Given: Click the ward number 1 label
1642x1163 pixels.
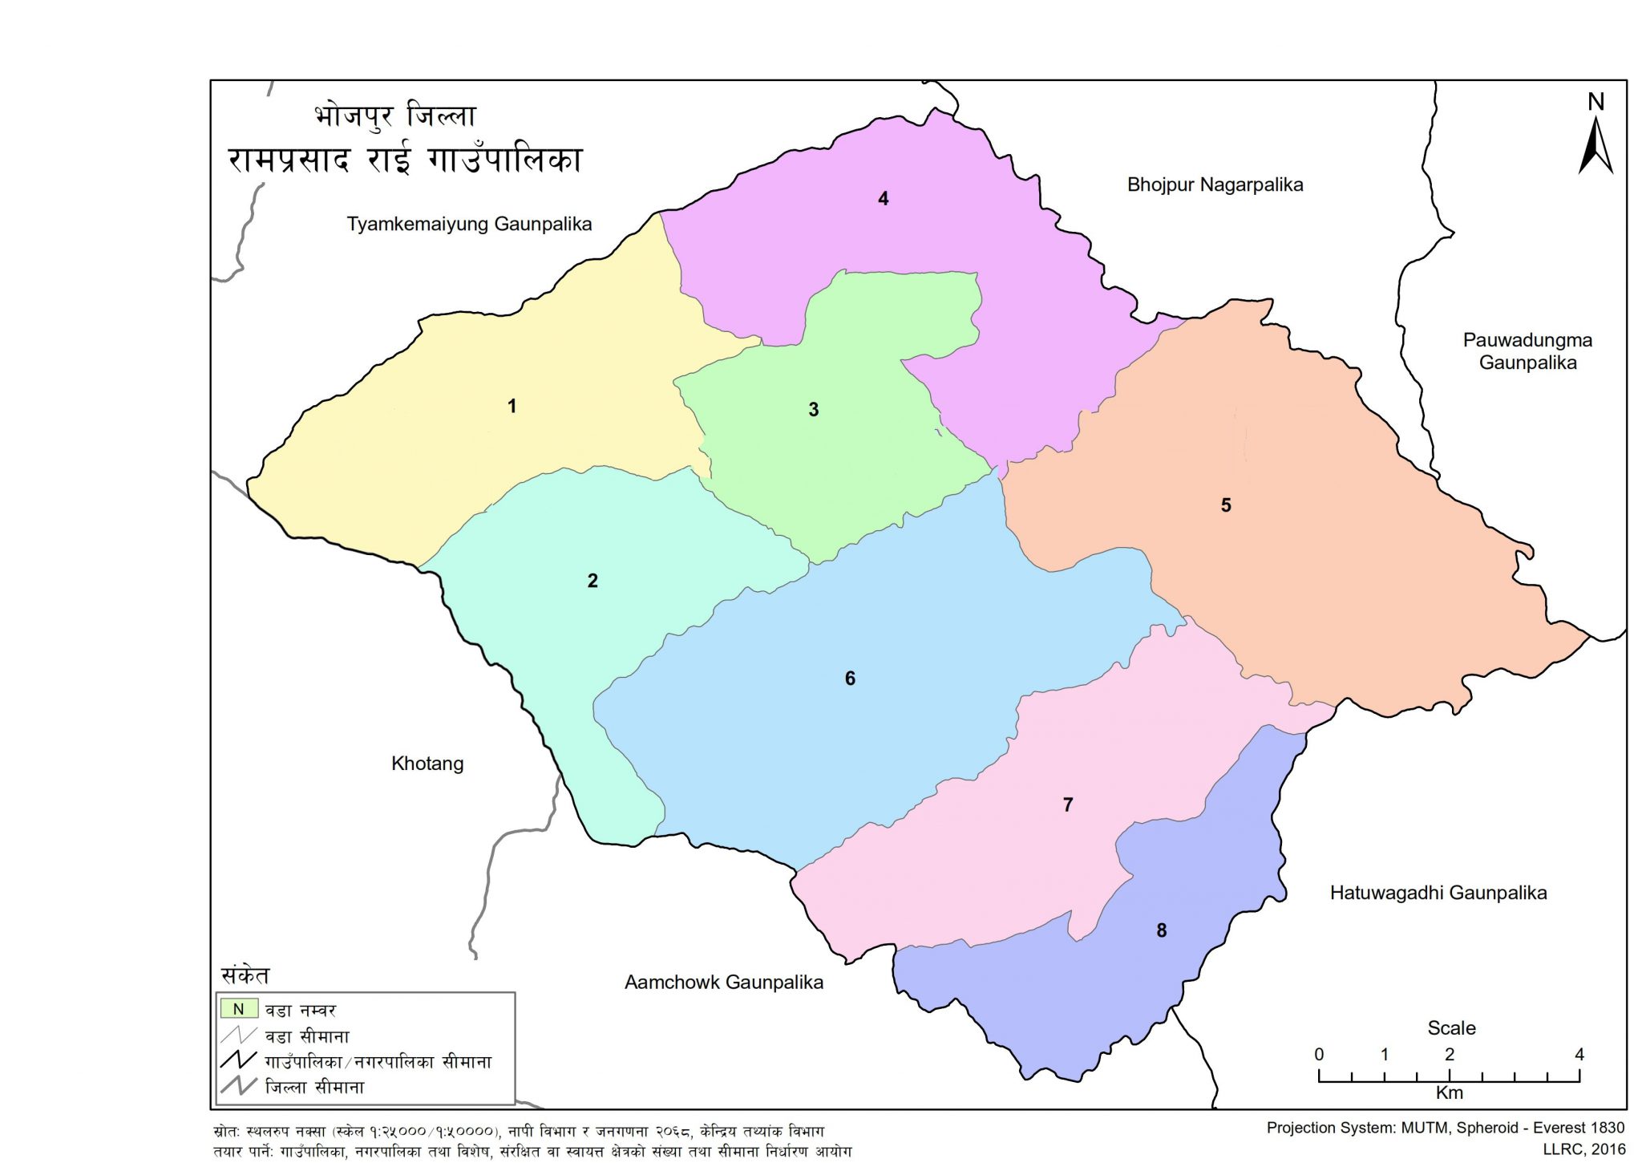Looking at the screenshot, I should coord(512,407).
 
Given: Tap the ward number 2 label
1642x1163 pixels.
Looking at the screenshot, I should coord(592,581).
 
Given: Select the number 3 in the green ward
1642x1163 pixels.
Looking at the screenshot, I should coord(813,410).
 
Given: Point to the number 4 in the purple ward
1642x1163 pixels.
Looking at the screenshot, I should coord(883,199).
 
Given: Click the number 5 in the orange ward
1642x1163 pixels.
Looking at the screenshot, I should coord(1225,505).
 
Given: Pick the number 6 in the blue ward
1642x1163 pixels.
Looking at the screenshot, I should coord(850,679).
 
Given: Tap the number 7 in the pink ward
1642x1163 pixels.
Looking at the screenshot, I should coord(1067,804).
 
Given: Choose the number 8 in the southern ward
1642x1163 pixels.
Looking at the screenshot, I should coord(1161,930).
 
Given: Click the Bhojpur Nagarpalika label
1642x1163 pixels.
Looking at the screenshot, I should coord(1215,185).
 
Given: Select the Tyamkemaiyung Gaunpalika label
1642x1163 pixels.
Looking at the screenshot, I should coord(469,224).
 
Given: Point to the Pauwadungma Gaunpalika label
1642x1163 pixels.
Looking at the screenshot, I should coord(1527,351).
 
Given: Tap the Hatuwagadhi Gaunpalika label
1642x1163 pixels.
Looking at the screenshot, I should coord(1438,893).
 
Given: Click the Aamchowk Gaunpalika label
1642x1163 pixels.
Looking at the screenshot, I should coord(723,983).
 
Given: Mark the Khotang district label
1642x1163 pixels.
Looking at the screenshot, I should coord(427,764).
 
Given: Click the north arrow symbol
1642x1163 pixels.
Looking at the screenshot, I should coord(1595,144).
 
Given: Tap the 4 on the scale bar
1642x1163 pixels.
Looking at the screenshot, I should coord(1579,1055).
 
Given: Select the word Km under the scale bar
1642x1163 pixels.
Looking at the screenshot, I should coord(1450,1092).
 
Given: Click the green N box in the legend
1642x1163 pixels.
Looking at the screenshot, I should coord(238,1009).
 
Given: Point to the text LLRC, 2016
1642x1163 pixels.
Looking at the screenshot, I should coord(1583,1149).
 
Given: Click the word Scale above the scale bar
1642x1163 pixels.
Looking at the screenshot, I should coord(1451,1028).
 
